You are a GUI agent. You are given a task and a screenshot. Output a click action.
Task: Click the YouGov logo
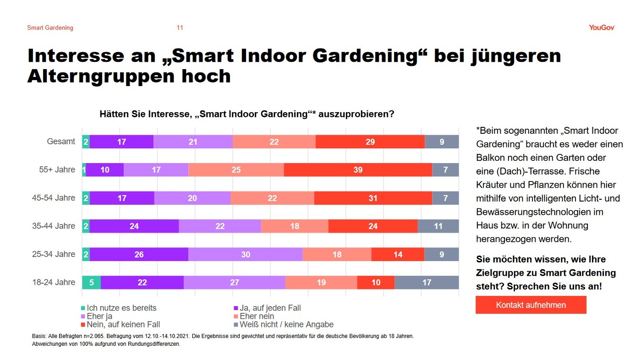[602, 27]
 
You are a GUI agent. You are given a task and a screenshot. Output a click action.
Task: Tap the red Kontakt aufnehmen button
[531, 305]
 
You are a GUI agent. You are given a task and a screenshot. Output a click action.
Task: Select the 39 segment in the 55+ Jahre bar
[358, 170]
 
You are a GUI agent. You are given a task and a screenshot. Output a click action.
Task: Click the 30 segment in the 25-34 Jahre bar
[246, 254]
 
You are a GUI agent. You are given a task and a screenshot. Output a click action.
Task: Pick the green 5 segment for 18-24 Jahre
[92, 283]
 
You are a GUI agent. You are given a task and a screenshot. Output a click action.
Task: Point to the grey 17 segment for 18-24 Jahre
[427, 283]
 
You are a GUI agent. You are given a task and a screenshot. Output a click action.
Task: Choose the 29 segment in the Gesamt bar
[370, 142]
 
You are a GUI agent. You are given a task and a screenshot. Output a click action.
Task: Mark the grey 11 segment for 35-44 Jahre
[438, 226]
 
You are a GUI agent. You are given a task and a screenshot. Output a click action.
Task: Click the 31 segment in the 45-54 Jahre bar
[373, 198]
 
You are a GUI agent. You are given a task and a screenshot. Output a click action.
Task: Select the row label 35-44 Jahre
[54, 226]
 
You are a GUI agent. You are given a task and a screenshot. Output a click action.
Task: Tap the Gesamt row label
[61, 142]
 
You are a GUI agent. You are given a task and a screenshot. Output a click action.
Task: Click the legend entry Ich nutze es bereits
[121, 308]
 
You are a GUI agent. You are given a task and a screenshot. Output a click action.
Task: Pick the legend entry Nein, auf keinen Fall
[123, 324]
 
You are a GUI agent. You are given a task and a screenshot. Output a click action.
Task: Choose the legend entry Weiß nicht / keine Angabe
[286, 324]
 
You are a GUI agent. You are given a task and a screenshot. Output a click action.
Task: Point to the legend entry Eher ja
[99, 316]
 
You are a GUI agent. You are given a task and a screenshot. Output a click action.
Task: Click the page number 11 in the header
[180, 27]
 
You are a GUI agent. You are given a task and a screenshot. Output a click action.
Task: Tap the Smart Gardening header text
[50, 27]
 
